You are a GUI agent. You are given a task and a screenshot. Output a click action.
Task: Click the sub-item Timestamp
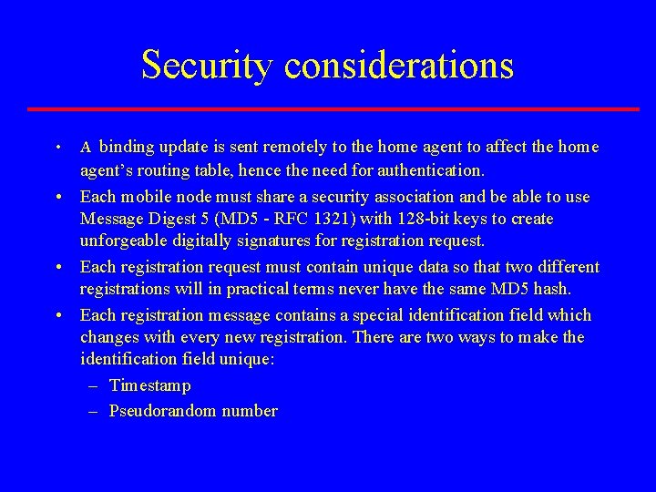click(150, 385)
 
